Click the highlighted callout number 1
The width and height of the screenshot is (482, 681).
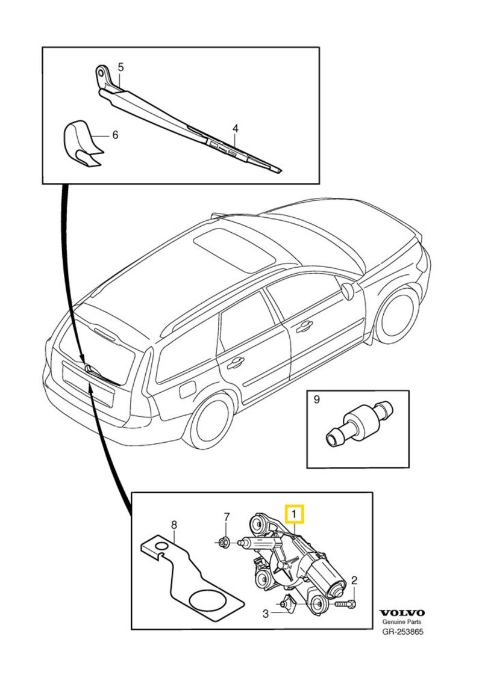click(295, 514)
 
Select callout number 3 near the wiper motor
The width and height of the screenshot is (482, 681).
click(264, 614)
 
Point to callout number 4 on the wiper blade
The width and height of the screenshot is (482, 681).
click(236, 129)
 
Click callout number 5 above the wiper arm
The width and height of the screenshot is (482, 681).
click(120, 66)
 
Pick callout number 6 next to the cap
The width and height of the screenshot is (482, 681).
click(114, 135)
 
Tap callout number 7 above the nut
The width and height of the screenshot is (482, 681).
click(227, 516)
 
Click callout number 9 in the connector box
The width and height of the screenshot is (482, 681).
click(316, 398)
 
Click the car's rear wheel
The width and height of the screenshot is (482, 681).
click(211, 422)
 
